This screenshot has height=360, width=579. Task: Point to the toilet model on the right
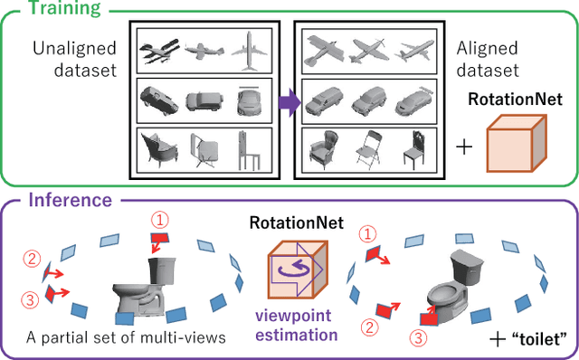pyautogui.click(x=457, y=279)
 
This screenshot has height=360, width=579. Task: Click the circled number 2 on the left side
pyautogui.click(x=33, y=261)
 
